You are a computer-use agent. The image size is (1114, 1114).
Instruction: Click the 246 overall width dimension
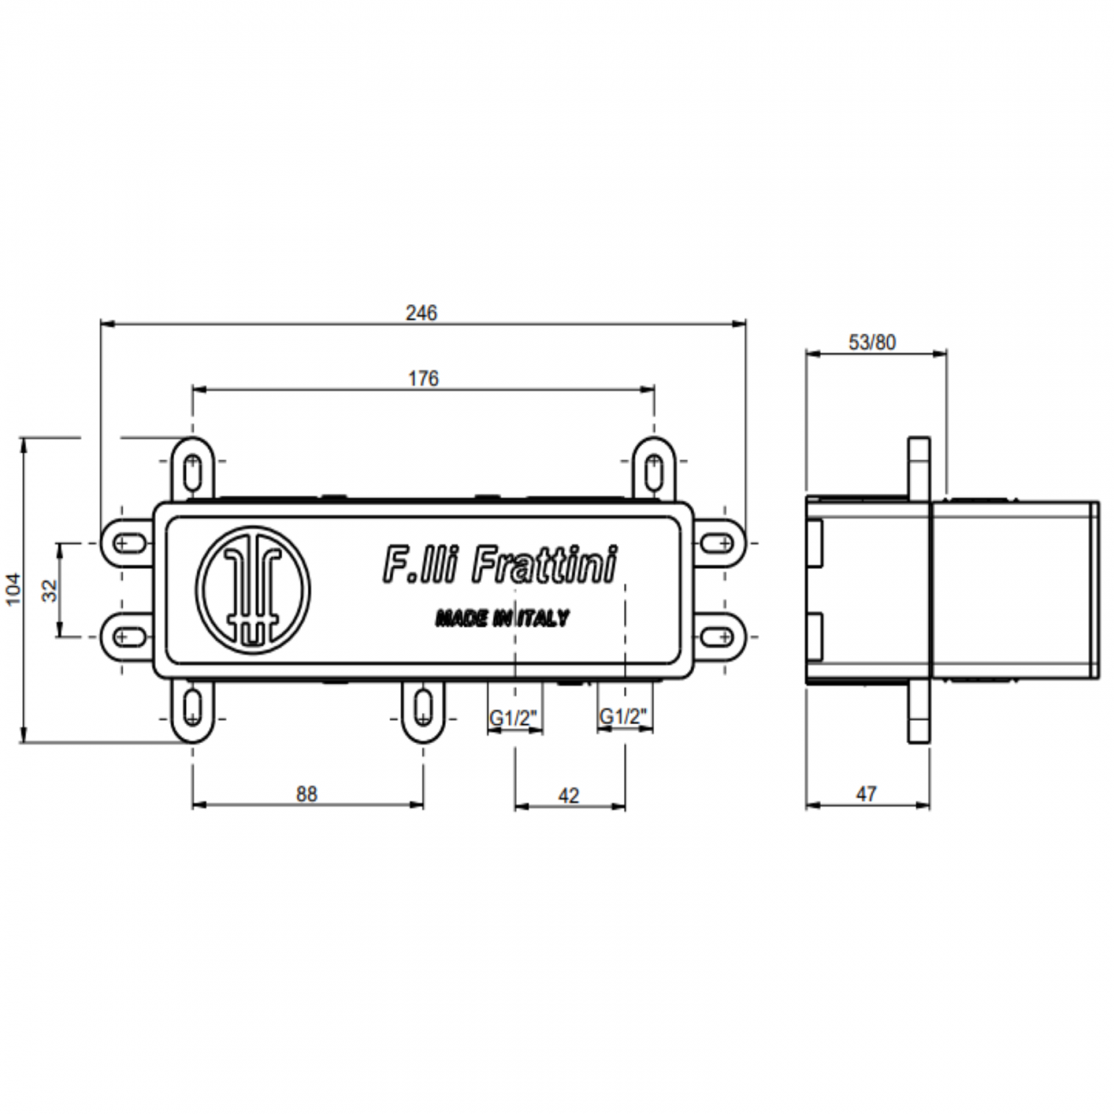(421, 313)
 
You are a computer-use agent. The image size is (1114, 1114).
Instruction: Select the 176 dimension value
(423, 378)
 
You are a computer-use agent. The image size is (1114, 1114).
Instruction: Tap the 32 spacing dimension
(48, 590)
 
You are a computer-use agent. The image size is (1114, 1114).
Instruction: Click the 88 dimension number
(307, 794)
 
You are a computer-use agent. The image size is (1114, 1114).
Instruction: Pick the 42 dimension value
(569, 795)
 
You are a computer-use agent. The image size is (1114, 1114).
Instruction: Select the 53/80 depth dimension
(872, 342)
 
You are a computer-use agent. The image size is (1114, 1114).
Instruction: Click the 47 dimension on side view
(866, 794)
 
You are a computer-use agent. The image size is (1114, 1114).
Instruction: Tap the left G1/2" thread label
(514, 716)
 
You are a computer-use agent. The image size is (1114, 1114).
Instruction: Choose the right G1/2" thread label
(625, 716)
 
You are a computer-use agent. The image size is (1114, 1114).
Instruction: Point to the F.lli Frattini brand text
(499, 565)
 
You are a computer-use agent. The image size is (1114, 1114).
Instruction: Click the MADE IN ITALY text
(501, 618)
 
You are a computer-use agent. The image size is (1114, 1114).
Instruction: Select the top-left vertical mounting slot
(194, 468)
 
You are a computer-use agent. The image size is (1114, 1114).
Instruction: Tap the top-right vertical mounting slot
(654, 468)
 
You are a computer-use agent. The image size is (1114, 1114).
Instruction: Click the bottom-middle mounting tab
(423, 708)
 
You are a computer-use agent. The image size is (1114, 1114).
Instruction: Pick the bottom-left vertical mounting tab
(194, 708)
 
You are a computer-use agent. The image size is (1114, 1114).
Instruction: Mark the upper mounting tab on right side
(716, 542)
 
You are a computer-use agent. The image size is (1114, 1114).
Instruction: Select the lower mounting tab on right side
(716, 636)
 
